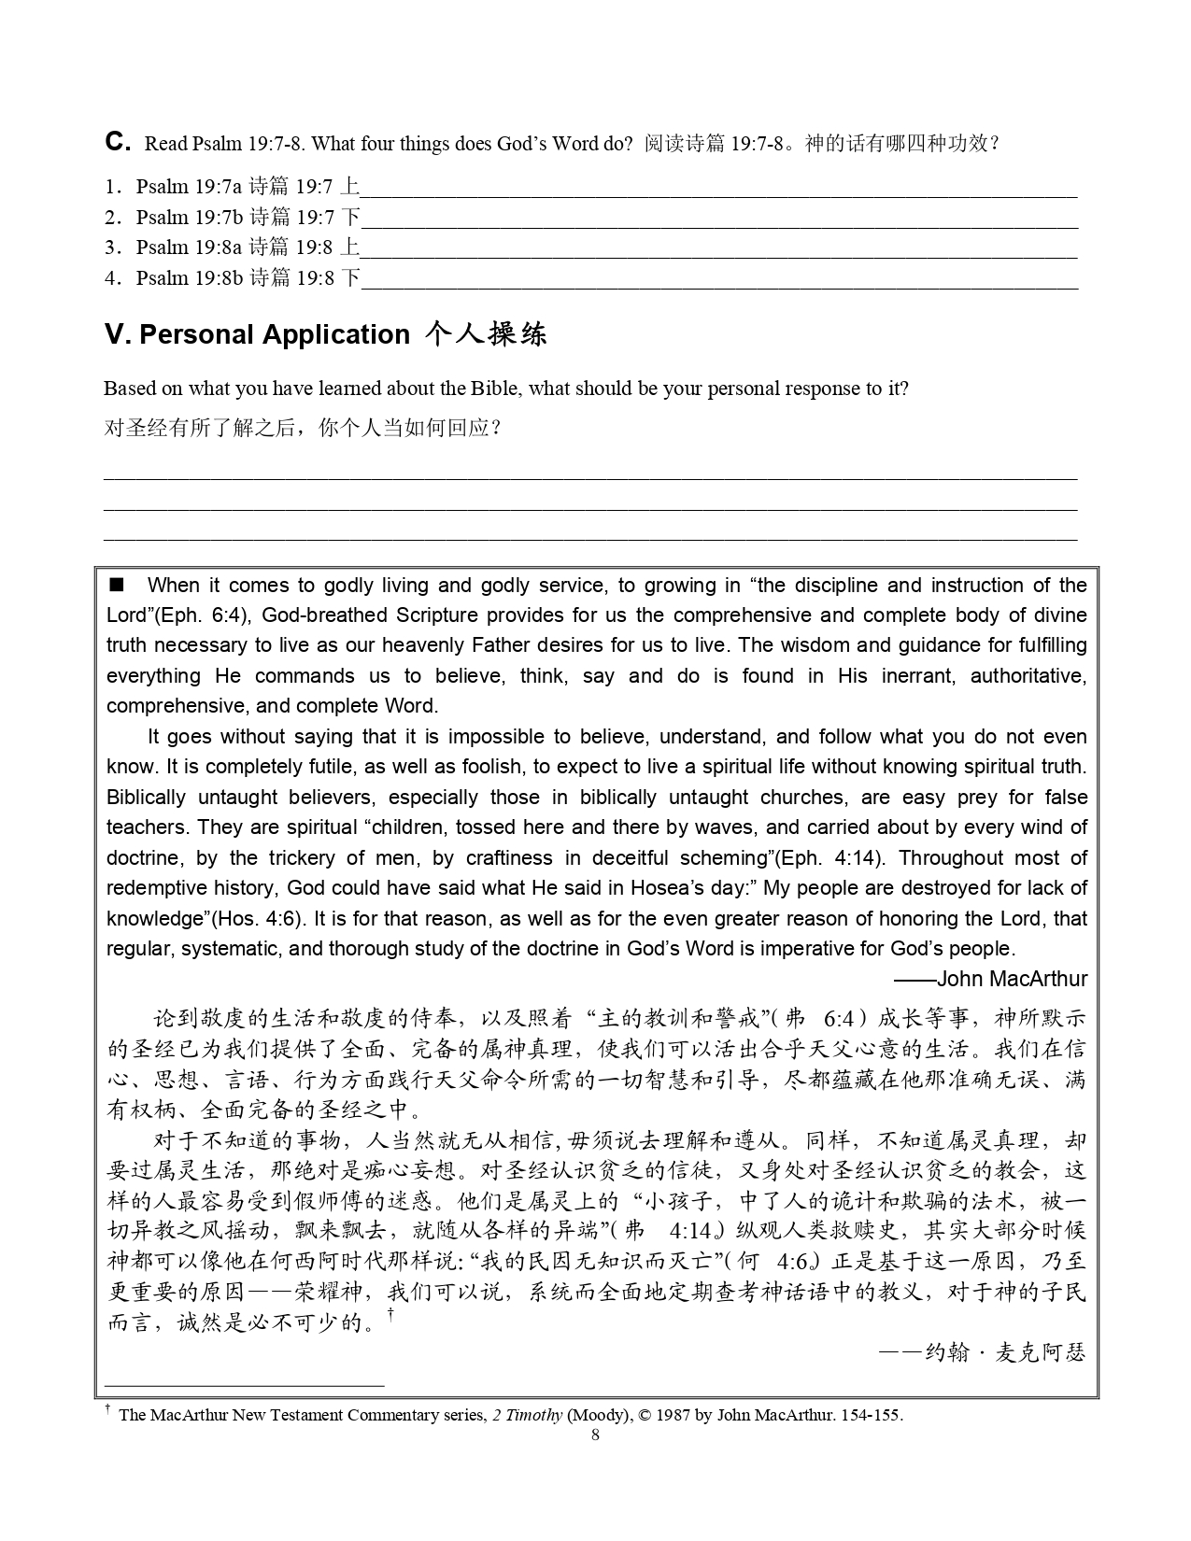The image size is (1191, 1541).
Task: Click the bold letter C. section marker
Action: point(117,142)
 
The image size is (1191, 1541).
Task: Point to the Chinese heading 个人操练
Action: point(485,335)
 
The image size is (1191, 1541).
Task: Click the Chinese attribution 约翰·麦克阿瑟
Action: point(1004,1351)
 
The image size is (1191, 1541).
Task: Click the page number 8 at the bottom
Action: point(596,1435)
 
